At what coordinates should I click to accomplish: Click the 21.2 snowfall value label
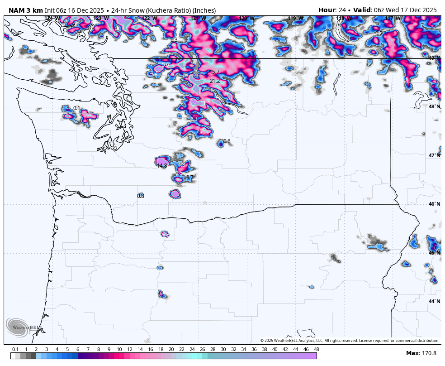click(x=215, y=81)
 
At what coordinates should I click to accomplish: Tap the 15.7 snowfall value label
click(x=214, y=72)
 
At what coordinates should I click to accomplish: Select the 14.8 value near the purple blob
click(x=162, y=166)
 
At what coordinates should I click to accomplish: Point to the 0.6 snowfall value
click(x=227, y=141)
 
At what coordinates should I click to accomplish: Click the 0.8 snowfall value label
click(x=140, y=196)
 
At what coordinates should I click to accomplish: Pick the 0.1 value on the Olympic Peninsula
click(x=76, y=108)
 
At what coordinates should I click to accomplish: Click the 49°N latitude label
click(x=434, y=58)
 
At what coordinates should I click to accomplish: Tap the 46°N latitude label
click(x=434, y=204)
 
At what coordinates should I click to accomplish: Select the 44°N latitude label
click(x=434, y=301)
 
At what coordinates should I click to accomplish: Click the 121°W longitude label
click(x=198, y=19)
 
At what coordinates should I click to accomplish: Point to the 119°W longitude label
click(x=295, y=19)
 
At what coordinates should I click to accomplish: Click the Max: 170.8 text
click(x=421, y=353)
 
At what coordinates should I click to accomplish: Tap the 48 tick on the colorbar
click(x=316, y=349)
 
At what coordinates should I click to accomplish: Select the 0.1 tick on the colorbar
click(x=15, y=349)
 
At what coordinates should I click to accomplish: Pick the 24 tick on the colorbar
click(x=192, y=349)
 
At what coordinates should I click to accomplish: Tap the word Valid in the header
click(x=363, y=10)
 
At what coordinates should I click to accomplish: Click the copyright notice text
click(x=350, y=341)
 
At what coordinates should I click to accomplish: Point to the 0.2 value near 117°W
click(x=379, y=34)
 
